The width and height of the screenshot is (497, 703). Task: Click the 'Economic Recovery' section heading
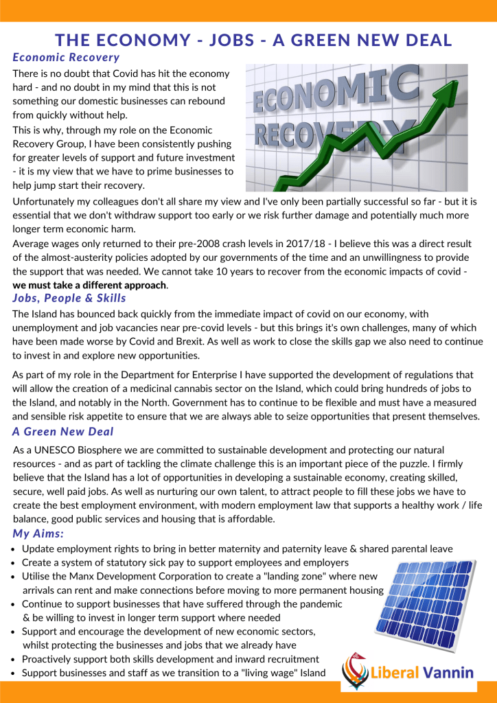click(66, 58)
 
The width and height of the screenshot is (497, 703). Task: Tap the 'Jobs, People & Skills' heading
click(69, 298)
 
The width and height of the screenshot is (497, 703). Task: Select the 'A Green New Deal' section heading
click(63, 432)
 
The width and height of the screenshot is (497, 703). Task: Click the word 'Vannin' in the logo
click(447, 671)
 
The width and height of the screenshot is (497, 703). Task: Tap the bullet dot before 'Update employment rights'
click(16, 549)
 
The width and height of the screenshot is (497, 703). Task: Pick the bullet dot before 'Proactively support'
click(16, 659)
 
